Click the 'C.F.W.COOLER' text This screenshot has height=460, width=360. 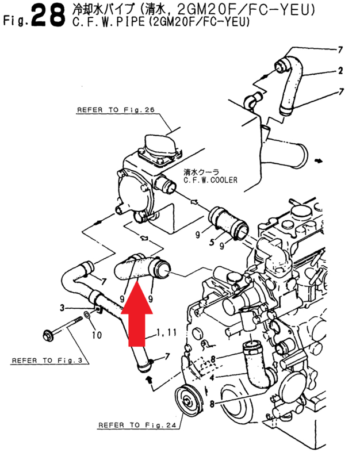(x=210, y=179)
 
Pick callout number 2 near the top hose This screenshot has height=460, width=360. (x=340, y=71)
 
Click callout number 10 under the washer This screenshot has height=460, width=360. (x=97, y=334)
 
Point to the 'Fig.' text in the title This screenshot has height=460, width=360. (x=16, y=22)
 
